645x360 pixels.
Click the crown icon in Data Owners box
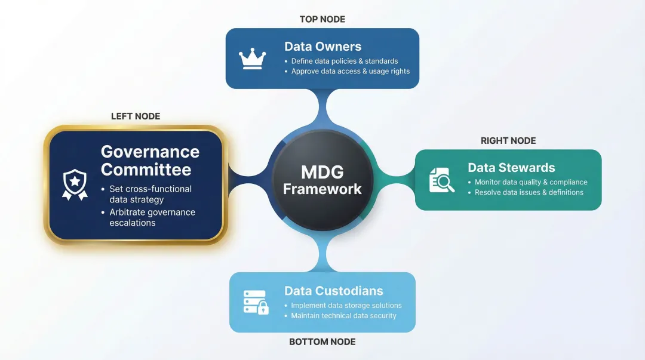coord(252,59)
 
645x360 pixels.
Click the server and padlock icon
coord(256,302)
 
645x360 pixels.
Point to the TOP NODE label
coord(322,19)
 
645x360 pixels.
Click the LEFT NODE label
coord(136,116)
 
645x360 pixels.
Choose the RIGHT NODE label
coord(508,141)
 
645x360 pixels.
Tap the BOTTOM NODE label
coord(322,342)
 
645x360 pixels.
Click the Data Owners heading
coord(322,47)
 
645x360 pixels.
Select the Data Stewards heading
coord(511,168)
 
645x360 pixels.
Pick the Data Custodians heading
coord(334,291)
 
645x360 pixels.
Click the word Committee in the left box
coord(146,170)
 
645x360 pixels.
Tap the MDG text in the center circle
coord(322,172)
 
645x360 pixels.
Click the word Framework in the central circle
coord(322,189)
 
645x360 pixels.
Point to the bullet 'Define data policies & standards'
coord(345,61)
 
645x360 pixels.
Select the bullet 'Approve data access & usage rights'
coord(351,71)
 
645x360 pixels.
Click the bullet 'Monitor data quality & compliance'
coord(531,182)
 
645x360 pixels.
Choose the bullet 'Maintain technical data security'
coord(343,315)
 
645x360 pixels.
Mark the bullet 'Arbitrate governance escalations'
coord(152,217)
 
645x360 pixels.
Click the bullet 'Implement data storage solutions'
coord(346,305)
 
